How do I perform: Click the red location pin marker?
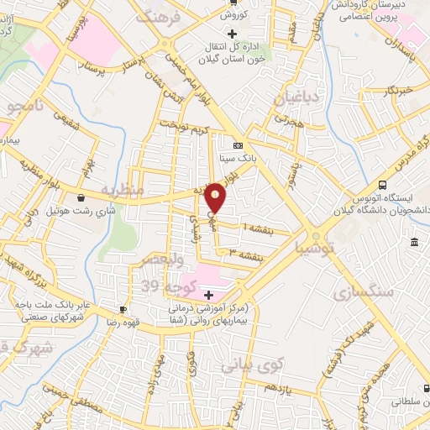coord(216,198)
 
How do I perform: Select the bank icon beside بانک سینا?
coord(238,143)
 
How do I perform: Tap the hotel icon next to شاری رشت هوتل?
coord(81,198)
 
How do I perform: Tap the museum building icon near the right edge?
coord(416,243)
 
